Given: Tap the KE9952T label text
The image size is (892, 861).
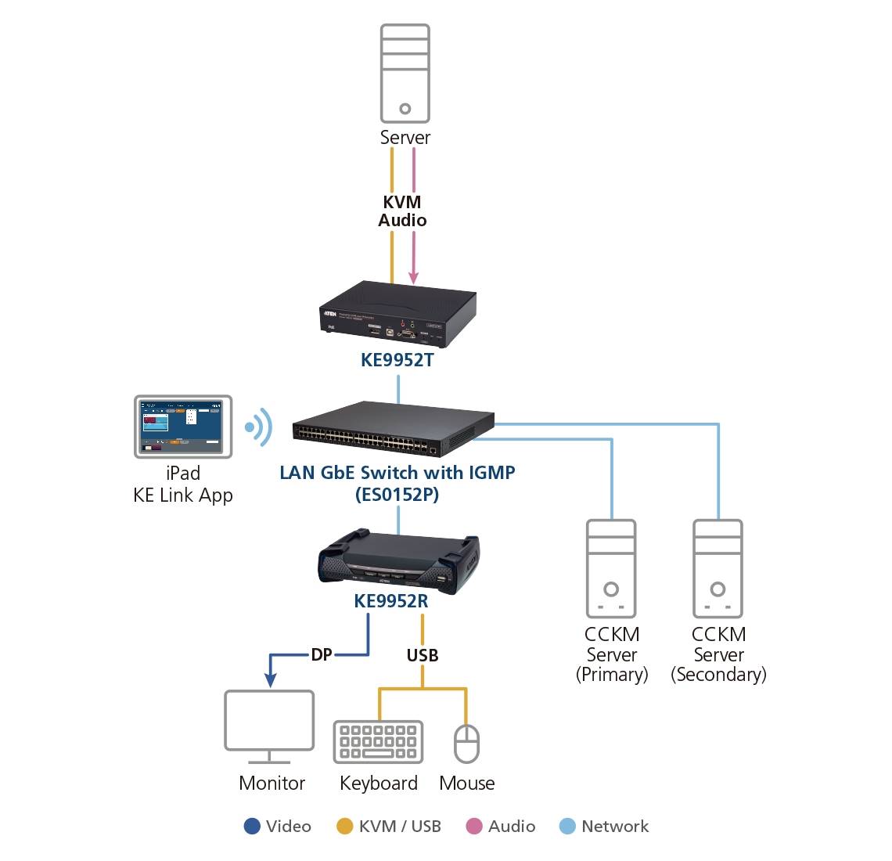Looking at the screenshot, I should click(397, 360).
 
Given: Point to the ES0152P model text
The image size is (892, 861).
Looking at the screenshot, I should click(397, 494).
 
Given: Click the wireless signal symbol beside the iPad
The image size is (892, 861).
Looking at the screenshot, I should click(258, 427).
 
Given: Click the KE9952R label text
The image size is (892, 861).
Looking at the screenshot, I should click(390, 601).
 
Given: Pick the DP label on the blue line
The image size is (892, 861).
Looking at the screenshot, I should click(322, 654).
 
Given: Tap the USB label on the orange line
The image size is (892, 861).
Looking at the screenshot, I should click(423, 655).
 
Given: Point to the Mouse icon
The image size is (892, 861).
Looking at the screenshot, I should click(466, 743).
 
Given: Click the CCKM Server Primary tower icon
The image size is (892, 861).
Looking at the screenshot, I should click(611, 568).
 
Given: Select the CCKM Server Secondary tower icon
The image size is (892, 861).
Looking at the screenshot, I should click(718, 568).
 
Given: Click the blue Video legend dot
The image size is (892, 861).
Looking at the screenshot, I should click(252, 827).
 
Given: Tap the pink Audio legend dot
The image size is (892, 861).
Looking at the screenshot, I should click(474, 827).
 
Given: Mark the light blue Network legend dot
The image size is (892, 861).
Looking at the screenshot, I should click(568, 827).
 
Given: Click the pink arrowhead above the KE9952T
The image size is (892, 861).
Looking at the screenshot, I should click(414, 278).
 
